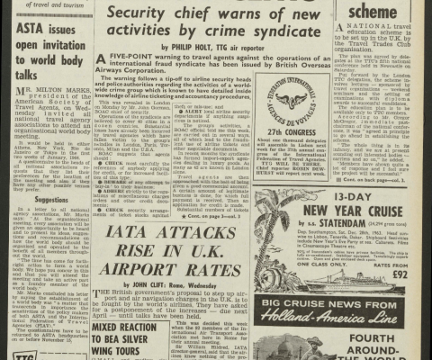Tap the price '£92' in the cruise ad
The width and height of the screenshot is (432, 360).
tap(409, 274)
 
